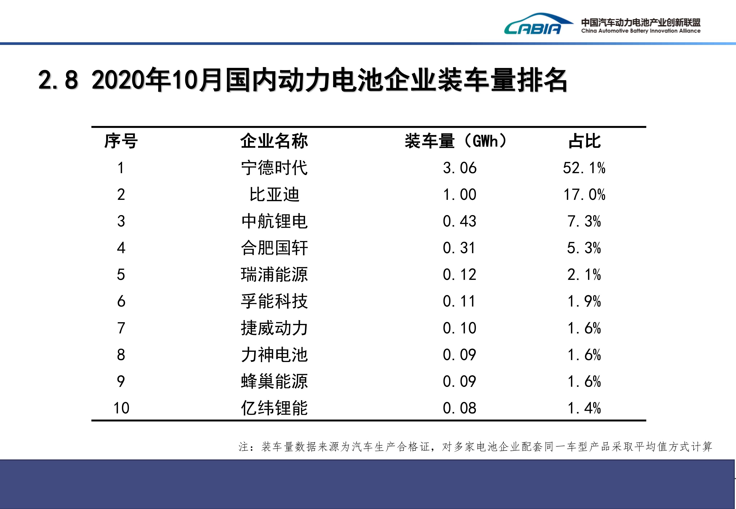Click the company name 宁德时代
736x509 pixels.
(x=274, y=168)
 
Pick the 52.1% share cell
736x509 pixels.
(x=584, y=168)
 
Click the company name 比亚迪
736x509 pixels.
(x=274, y=194)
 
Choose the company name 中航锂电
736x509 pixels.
(x=274, y=221)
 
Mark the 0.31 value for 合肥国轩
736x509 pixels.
(x=459, y=248)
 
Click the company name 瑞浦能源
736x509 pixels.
(x=274, y=275)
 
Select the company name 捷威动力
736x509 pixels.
(x=274, y=328)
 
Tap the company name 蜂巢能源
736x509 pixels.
(x=274, y=381)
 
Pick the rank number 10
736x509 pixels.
(x=121, y=408)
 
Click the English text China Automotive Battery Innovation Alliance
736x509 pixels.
(x=641, y=31)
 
